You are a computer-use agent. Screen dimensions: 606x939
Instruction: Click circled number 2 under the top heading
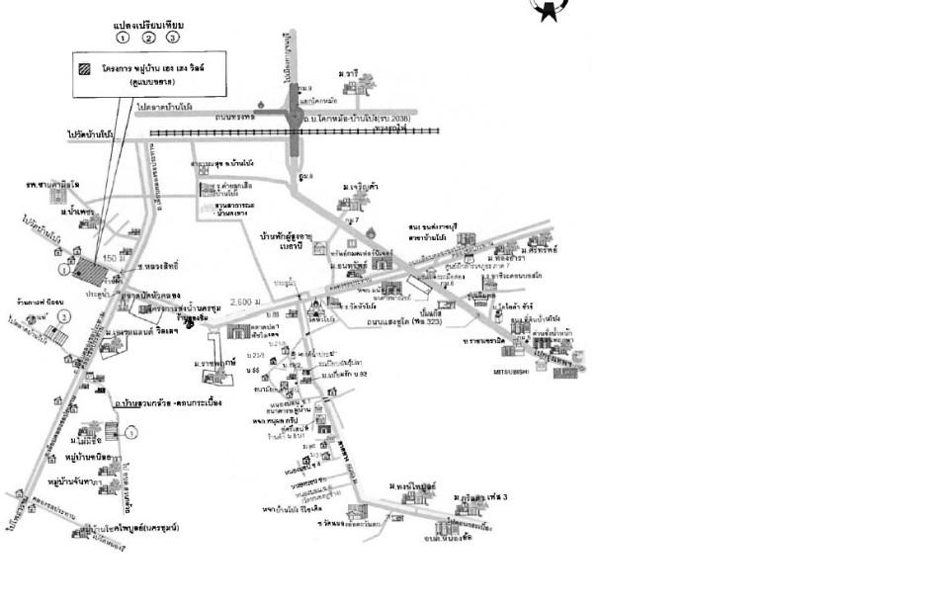click(148, 38)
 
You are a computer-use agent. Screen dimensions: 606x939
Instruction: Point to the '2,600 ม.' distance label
click(244, 302)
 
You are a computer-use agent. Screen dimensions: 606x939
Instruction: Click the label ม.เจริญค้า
click(362, 186)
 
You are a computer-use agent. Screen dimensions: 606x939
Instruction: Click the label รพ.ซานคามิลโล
click(52, 185)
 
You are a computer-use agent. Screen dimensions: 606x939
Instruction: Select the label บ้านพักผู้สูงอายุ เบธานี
click(288, 241)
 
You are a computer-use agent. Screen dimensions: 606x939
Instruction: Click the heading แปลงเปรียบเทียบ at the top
click(148, 24)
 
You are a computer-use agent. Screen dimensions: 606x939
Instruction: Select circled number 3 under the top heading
click(173, 38)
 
